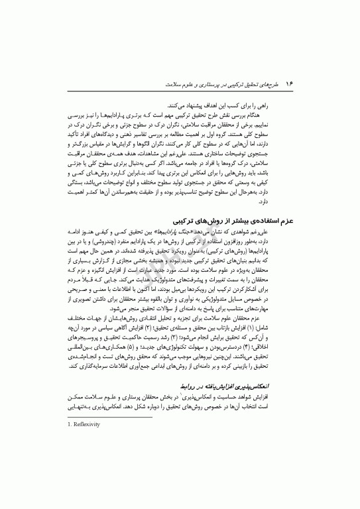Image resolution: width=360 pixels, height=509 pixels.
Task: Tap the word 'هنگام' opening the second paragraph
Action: (284, 115)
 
